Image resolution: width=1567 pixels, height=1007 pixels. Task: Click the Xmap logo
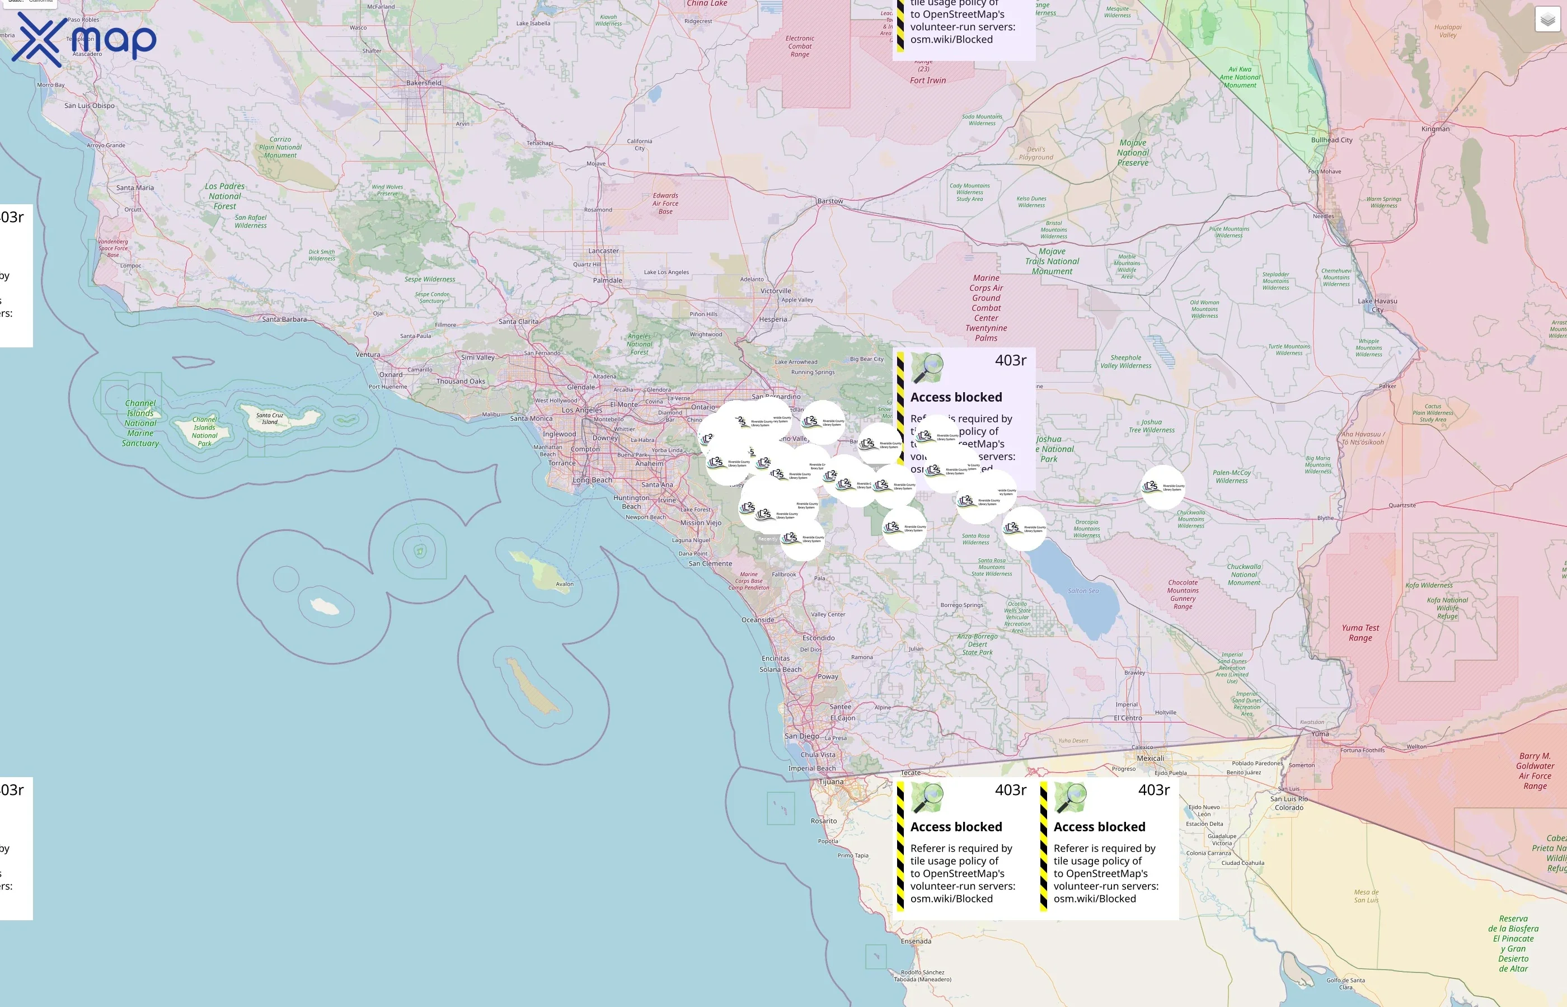point(84,39)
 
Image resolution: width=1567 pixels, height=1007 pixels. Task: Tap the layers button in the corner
point(1547,20)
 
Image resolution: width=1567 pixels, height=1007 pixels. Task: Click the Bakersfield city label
point(423,83)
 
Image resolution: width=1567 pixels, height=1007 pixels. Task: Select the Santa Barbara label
point(284,319)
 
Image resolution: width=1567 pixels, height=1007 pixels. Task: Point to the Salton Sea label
point(1083,590)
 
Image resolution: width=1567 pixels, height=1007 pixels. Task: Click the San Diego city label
point(802,736)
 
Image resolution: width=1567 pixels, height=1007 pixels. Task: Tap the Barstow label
point(830,201)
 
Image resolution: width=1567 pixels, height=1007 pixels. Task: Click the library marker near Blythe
point(1163,487)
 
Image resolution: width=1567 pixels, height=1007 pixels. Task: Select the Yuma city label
point(1320,733)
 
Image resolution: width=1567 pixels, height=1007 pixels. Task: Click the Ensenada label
point(916,941)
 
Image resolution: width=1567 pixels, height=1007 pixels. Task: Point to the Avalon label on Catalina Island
point(565,584)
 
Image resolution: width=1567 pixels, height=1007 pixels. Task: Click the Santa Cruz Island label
point(269,418)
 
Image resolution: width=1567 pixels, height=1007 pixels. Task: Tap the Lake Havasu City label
point(1377,305)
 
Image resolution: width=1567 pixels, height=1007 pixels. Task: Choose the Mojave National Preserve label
point(1133,152)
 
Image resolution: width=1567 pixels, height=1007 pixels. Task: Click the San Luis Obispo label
point(89,105)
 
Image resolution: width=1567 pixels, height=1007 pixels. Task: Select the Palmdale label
point(607,280)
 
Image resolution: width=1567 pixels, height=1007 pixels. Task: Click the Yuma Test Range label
point(1360,632)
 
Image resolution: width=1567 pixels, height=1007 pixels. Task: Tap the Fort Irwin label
point(927,81)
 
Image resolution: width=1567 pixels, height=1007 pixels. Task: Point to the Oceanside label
point(757,620)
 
